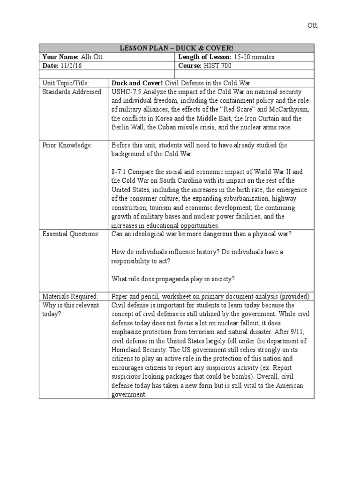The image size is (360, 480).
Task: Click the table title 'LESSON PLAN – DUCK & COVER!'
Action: coord(176,48)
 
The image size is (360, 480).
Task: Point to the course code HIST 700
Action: coord(218,66)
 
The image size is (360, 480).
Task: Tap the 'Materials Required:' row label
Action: coord(70,297)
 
